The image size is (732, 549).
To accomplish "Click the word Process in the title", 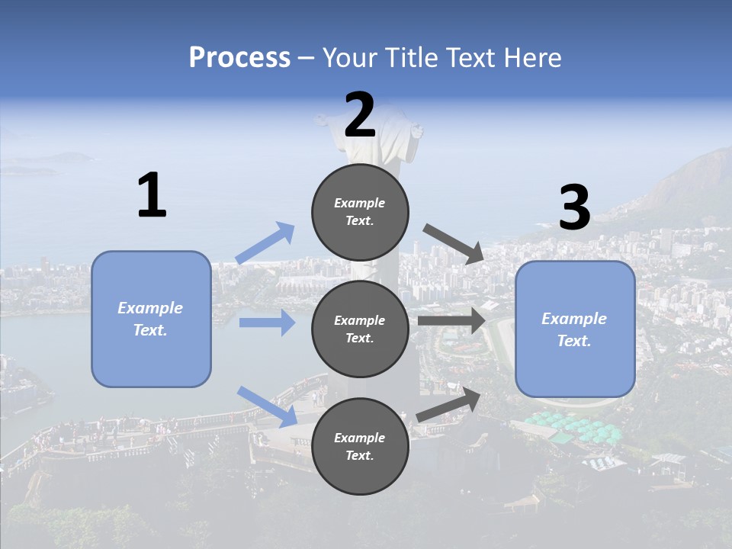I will pos(239,57).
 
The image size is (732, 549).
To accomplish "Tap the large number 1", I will pos(152,196).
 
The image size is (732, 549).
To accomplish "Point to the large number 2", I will pos(360,116).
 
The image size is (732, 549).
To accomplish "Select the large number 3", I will pos(574,208).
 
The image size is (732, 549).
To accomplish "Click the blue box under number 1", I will pos(151,319).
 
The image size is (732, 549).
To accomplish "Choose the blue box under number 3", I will pos(575,329).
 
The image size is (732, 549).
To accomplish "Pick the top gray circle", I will pos(360,211).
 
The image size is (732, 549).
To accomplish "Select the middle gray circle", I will pos(360,329).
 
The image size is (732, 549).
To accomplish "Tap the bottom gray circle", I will pos(360,446).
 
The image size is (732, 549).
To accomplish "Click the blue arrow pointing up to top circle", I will pos(265,243).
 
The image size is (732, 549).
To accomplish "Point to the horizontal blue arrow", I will pos(267,323).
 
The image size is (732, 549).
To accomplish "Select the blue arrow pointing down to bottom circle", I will pos(267,406).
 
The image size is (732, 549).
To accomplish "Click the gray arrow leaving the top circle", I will pos(453,243).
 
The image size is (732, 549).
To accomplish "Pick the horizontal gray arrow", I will pos(451,321).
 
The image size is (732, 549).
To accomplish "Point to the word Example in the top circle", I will pos(360,203).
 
